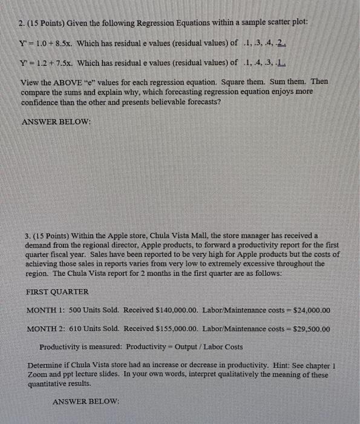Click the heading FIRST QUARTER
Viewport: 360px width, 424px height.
[x=57, y=291]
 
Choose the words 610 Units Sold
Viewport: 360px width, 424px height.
[x=94, y=329]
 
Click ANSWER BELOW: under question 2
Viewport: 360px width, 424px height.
[x=56, y=121]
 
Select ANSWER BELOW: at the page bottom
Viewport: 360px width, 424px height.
[x=87, y=402]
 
